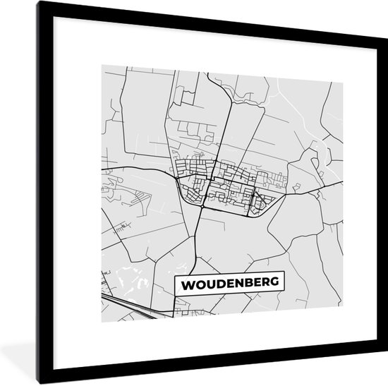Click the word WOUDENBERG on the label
230,284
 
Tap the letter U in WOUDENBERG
209,284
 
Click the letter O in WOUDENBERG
199,284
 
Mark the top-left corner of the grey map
101,66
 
